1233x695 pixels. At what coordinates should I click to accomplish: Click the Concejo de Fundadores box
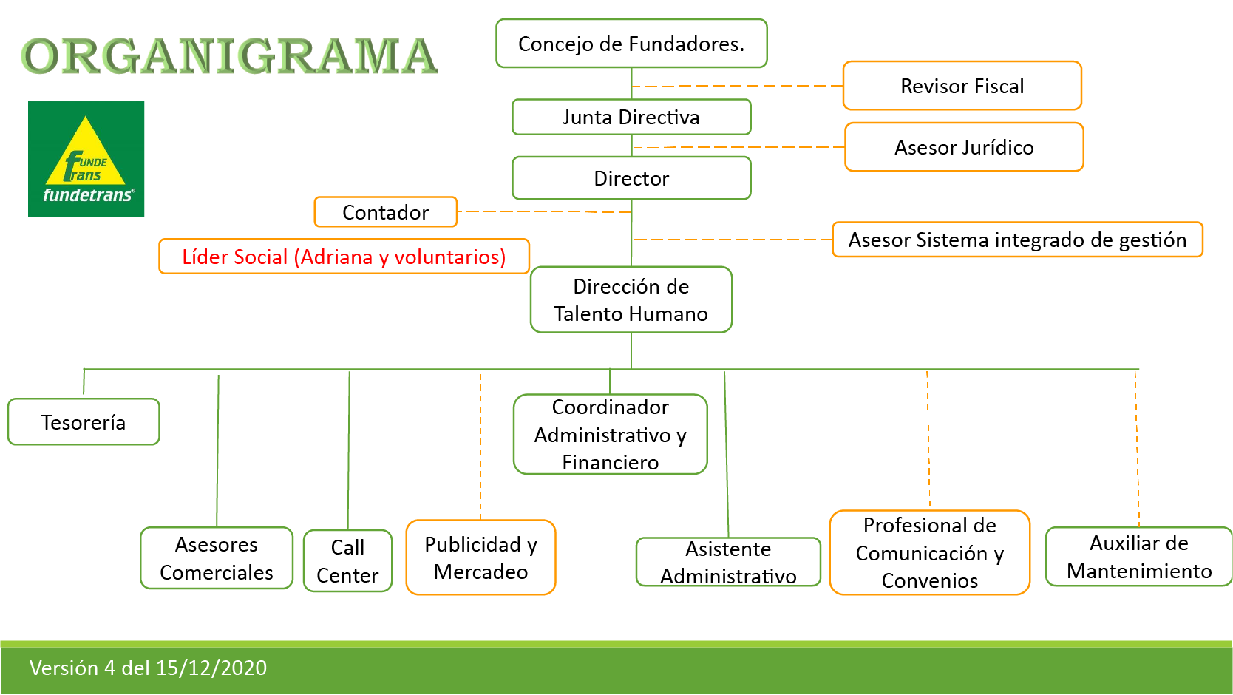(x=631, y=44)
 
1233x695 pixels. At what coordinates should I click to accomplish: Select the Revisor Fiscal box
(x=962, y=86)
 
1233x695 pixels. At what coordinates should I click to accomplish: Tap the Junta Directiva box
(x=631, y=117)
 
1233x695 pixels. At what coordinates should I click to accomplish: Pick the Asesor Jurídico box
(x=964, y=147)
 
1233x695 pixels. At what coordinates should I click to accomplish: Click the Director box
(x=631, y=178)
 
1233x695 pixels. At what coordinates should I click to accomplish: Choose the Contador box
(x=385, y=212)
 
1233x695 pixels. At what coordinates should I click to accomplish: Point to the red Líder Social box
(x=344, y=257)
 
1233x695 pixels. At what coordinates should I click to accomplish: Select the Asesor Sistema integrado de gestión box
(x=1017, y=240)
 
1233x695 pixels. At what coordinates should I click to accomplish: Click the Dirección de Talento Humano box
(x=631, y=299)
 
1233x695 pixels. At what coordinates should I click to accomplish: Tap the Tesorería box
(x=84, y=422)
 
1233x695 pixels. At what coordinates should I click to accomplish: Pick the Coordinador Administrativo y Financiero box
(x=610, y=434)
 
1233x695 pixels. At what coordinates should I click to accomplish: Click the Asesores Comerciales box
(x=217, y=558)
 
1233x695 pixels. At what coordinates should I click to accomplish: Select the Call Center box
(x=347, y=561)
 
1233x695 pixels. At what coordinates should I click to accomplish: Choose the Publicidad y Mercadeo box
(x=480, y=557)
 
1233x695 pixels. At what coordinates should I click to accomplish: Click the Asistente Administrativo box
(x=728, y=562)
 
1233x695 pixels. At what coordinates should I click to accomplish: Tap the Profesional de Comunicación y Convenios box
(x=929, y=552)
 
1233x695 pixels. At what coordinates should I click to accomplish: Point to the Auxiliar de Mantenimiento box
(x=1138, y=557)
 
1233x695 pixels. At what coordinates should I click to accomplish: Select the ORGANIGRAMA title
(x=229, y=56)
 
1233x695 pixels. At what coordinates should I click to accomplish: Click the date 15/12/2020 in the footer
(x=211, y=668)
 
